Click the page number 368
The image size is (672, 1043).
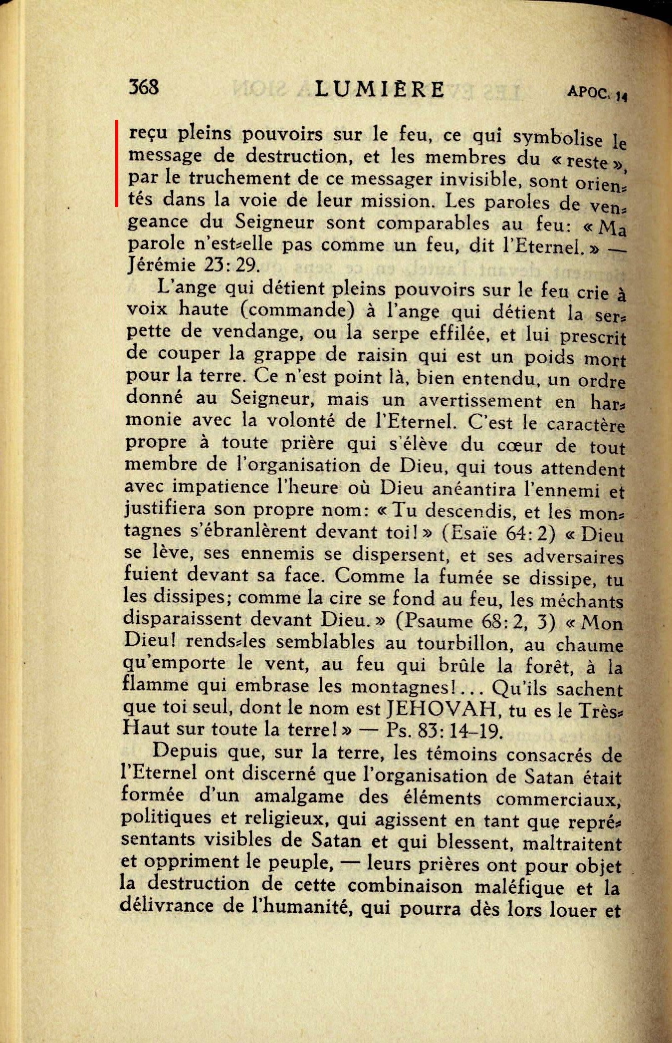pos(144,87)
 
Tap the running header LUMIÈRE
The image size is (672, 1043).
pos(380,89)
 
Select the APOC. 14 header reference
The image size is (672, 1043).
pos(596,93)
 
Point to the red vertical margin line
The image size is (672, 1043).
pos(116,163)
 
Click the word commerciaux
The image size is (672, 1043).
pos(558,798)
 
